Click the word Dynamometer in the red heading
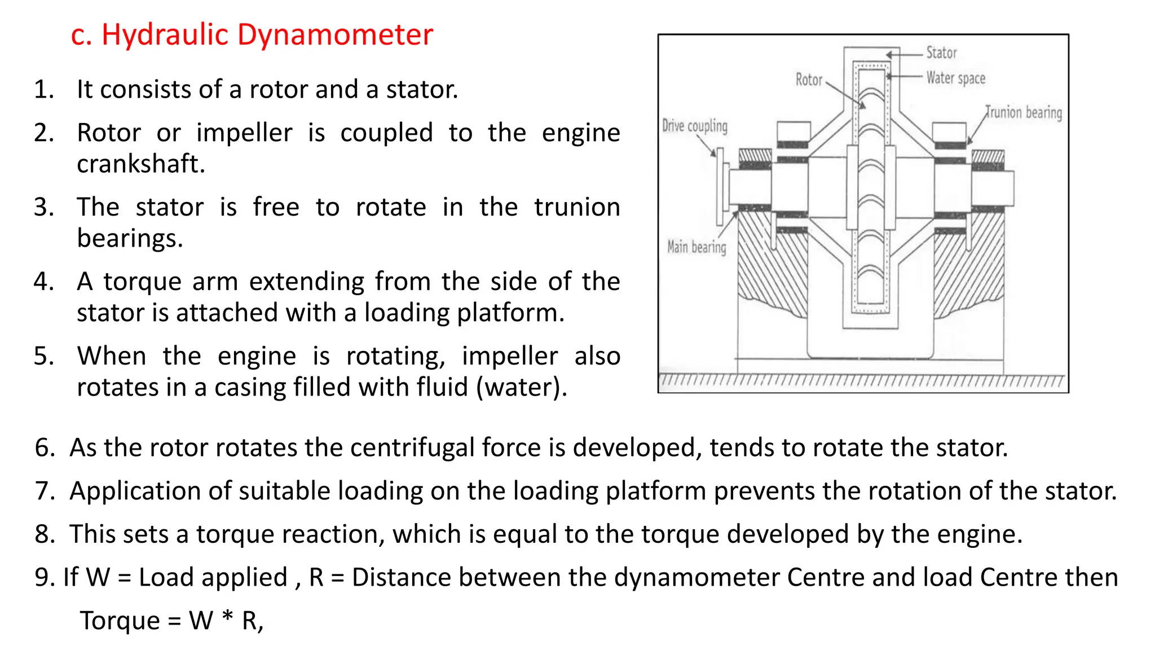pos(334,35)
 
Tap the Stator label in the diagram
pos(941,53)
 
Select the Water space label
pos(955,78)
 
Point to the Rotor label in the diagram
pos(809,80)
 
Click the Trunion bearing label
pos(1024,112)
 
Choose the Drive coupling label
pos(694,125)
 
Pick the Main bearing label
pos(696,247)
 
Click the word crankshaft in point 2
pos(140,164)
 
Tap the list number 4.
pos(43,282)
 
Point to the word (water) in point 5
pos(522,388)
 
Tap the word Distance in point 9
pos(399,577)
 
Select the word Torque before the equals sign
pos(120,621)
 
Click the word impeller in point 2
pos(244,133)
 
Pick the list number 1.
pos(43,90)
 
